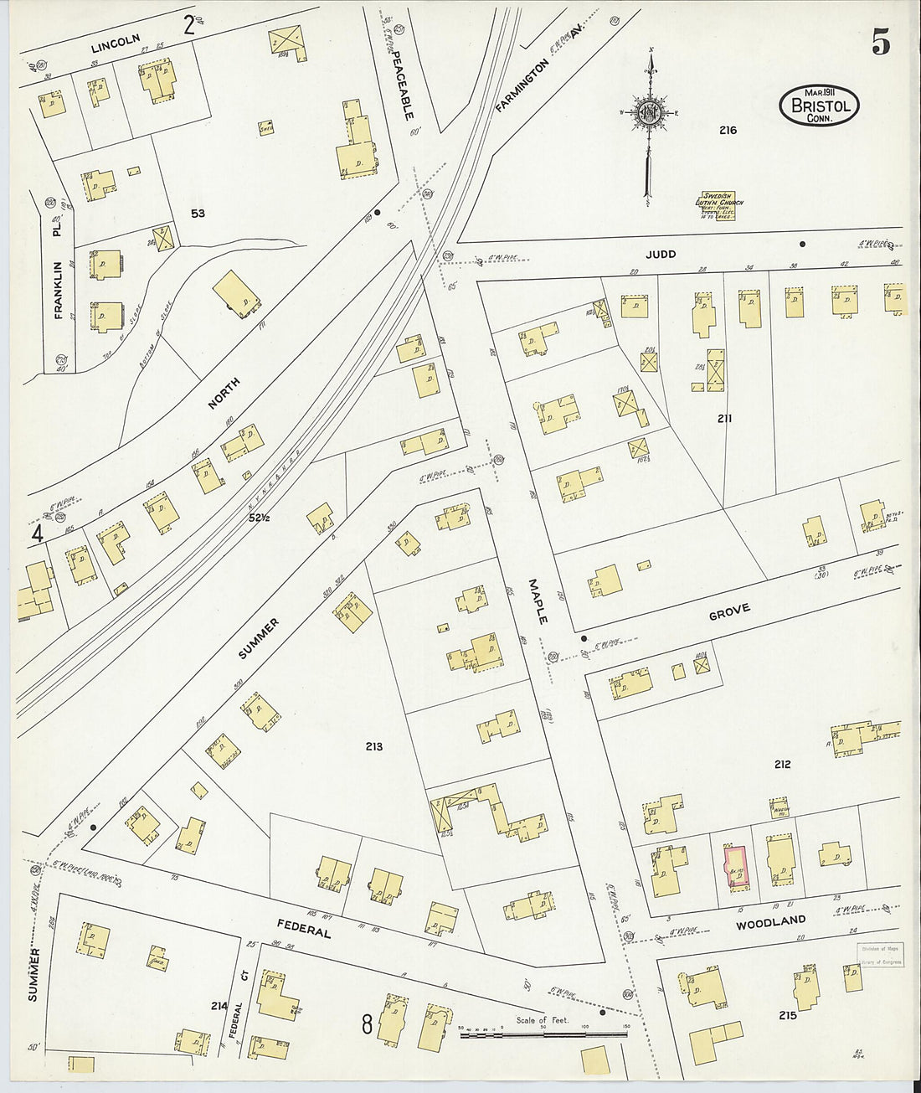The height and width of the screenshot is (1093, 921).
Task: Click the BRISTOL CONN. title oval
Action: pos(819,106)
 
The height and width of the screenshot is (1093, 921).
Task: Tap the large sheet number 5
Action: pos(880,42)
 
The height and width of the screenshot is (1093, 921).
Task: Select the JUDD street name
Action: pos(660,254)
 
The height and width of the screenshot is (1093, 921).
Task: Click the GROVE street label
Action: pos(729,612)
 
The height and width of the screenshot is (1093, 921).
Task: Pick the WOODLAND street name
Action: pos(770,922)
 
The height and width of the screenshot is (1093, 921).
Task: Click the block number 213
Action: pos(373,745)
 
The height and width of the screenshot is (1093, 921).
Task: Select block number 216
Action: pos(727,130)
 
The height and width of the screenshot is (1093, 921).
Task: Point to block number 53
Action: pos(197,214)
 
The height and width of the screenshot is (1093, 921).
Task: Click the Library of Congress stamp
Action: pos(879,955)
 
